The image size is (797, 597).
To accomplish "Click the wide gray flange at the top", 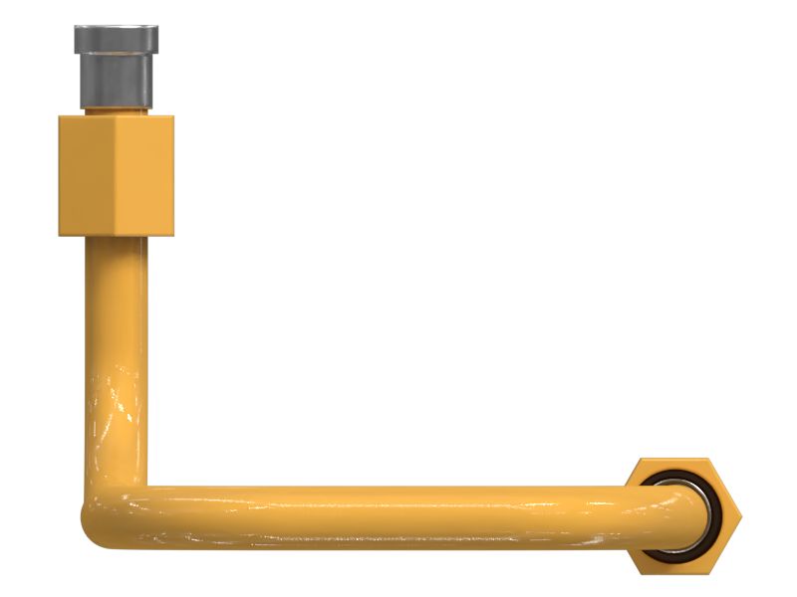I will click(x=116, y=40).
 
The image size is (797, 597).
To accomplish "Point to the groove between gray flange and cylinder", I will click(x=116, y=56).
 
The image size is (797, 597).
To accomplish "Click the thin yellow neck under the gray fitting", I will click(x=116, y=110).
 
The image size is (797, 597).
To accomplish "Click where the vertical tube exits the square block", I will click(x=116, y=239).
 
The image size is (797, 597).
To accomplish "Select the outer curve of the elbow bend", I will click(x=92, y=531).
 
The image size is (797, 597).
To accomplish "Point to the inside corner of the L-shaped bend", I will click(x=148, y=487).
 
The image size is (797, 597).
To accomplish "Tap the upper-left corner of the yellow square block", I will click(x=61, y=118).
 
